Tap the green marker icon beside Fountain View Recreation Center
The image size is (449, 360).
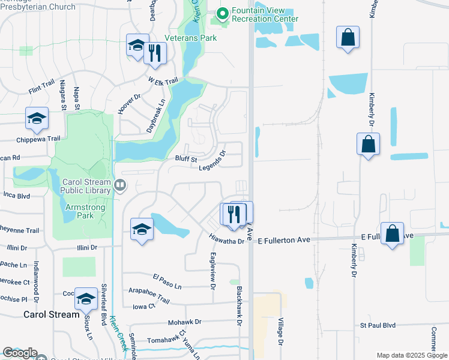coord(221,13)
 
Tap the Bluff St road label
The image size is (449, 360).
coord(186,160)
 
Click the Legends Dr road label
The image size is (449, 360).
coord(212,161)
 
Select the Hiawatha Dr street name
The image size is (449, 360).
coord(227,240)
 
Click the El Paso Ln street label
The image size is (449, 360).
coord(166,278)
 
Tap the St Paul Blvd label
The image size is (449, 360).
coord(378,325)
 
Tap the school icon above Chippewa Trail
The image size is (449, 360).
coord(37,118)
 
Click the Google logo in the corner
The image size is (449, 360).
coord(20,353)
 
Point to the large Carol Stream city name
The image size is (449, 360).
coord(52,314)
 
